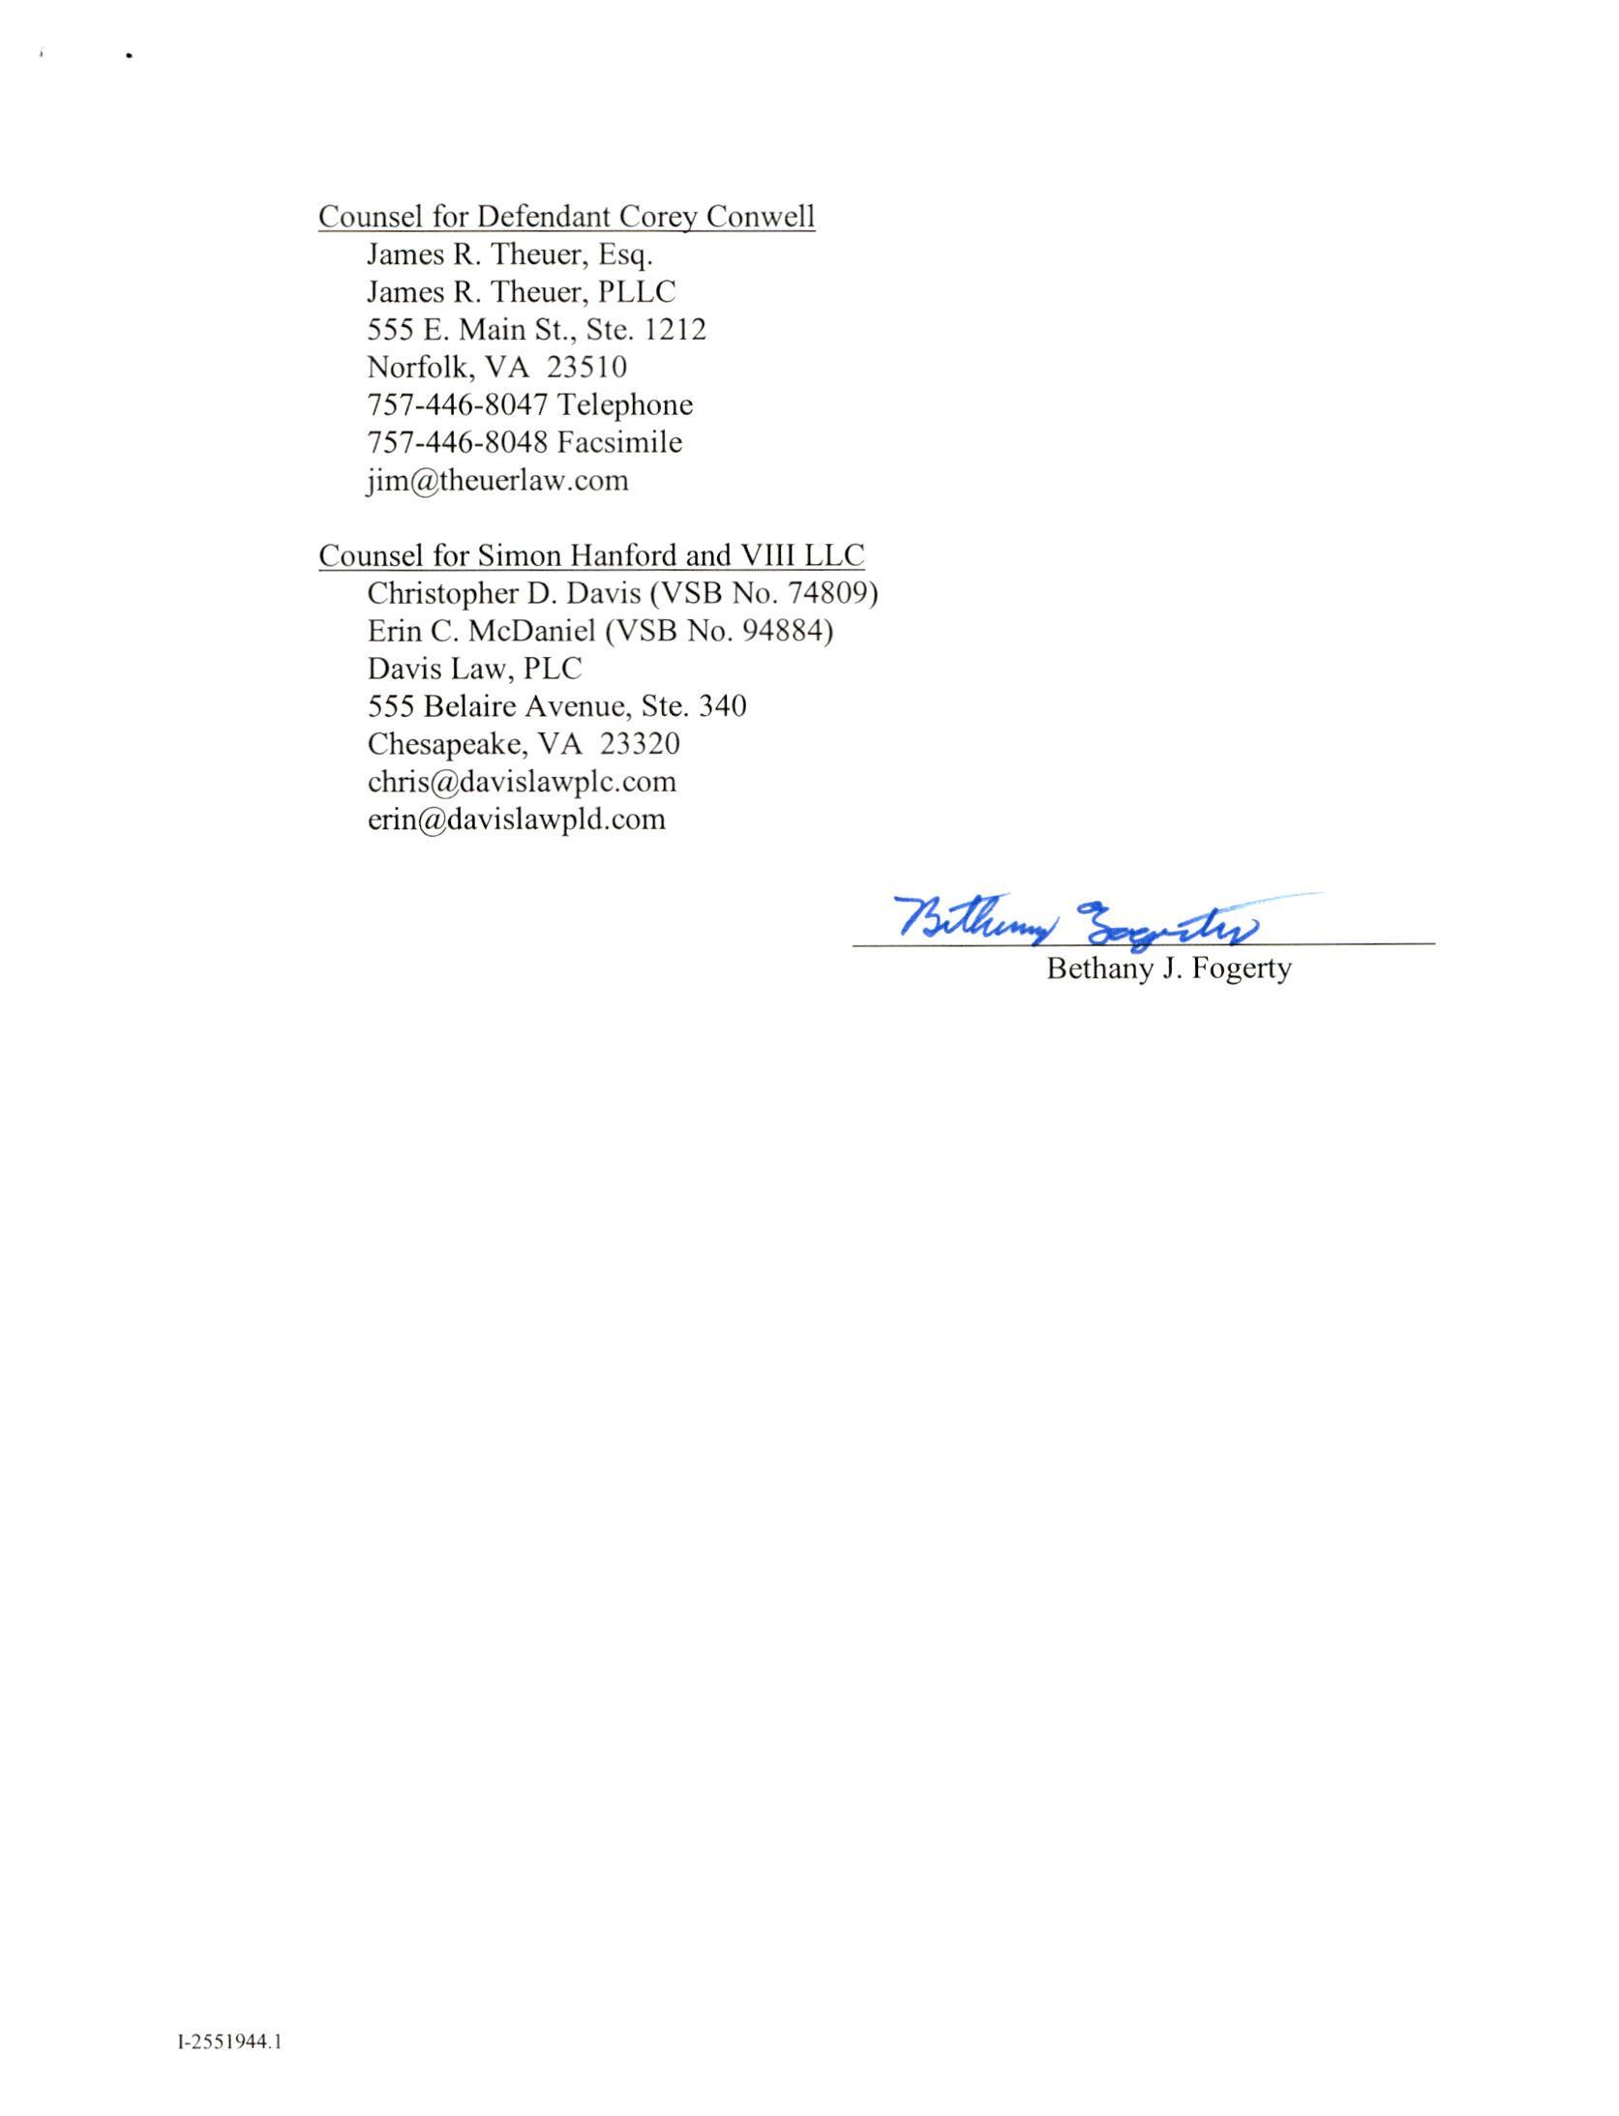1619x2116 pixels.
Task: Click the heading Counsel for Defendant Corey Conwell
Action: point(566,217)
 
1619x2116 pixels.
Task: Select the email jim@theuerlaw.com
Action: point(497,481)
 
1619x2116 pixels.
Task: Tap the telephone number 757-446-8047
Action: point(457,405)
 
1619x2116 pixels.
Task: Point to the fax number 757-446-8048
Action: point(457,443)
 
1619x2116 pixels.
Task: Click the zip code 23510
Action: point(586,368)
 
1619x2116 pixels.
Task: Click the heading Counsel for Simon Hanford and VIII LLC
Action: point(591,555)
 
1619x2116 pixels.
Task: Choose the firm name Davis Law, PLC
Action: point(474,669)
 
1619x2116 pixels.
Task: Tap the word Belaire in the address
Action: point(471,706)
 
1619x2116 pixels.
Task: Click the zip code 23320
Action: point(640,744)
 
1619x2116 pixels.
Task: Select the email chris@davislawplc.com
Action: point(522,782)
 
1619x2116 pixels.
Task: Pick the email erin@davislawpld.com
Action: point(516,820)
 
